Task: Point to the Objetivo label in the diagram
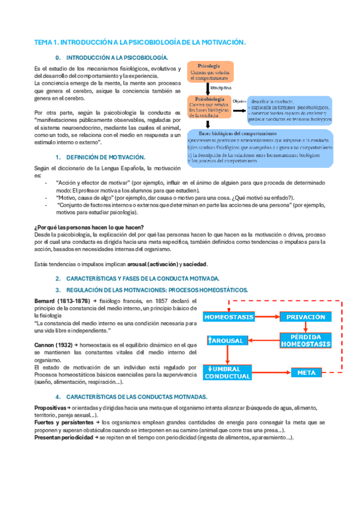tap(239, 100)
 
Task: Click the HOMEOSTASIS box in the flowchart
tap(229, 316)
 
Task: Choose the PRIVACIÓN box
tap(305, 316)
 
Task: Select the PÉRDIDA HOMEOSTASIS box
tap(305, 341)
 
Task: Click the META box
tap(306, 372)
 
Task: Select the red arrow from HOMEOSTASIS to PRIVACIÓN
tap(267, 316)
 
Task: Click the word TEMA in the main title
tap(44, 42)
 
